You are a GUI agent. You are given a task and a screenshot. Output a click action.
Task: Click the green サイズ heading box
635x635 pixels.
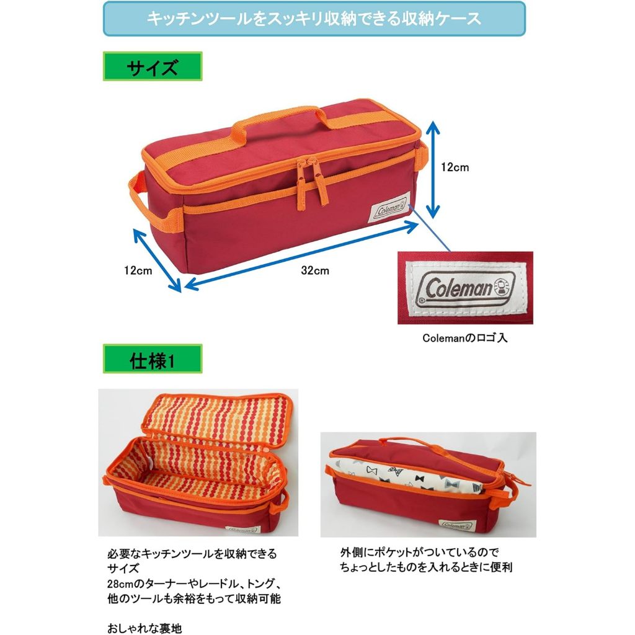(x=152, y=67)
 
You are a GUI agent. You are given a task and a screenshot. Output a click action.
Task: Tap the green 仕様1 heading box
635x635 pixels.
(x=152, y=359)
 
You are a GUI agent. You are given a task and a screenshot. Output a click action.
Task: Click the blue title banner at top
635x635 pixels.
(x=314, y=19)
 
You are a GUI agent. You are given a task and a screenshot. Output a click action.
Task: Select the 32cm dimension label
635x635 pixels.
(x=316, y=270)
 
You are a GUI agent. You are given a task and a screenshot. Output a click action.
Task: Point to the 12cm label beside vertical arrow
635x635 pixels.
(x=455, y=167)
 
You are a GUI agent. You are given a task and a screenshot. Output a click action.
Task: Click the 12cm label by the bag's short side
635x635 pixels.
(x=138, y=270)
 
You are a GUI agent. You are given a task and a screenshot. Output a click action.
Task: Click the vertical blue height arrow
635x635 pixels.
(x=433, y=167)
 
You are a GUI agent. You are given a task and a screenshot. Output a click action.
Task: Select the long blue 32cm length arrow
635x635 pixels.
(x=302, y=255)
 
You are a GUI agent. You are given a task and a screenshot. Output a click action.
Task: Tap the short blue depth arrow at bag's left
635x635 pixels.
(x=158, y=259)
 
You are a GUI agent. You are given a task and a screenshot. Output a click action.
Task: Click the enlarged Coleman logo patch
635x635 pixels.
(x=465, y=288)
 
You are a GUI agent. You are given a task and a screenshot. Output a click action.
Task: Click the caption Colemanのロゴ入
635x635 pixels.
(x=464, y=339)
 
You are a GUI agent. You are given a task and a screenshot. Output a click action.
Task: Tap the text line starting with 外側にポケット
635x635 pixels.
(x=419, y=552)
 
